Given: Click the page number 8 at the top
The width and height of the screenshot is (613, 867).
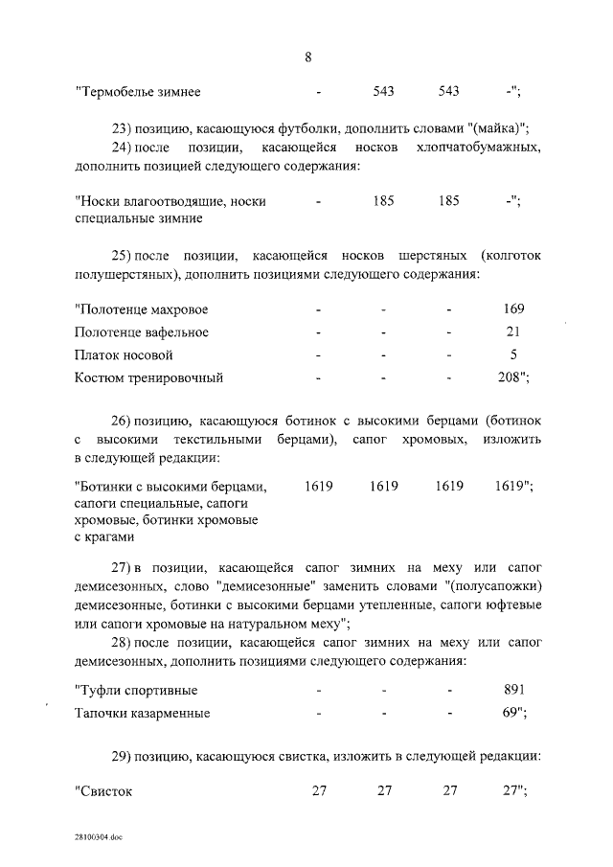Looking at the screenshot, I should coord(307,56).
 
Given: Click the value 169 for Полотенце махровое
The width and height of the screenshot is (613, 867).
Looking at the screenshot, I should coord(512,310).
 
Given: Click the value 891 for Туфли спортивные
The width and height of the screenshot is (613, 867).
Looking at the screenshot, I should coord(512,691).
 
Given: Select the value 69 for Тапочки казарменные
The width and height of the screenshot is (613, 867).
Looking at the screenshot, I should coord(510,713).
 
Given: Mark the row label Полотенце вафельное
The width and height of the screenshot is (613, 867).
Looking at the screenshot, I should coord(141,332).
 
